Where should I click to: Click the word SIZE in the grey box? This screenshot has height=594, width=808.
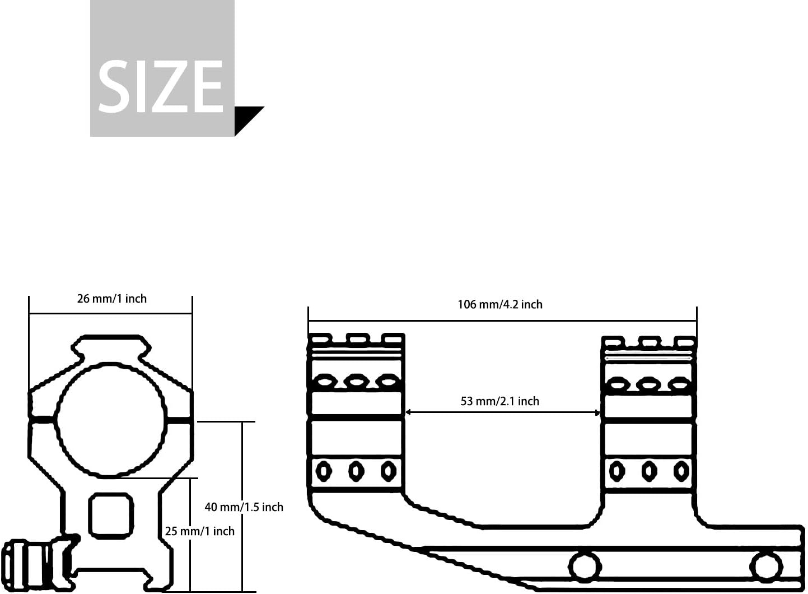coord(161,87)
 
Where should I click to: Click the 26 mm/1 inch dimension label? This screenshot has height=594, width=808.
coord(112,299)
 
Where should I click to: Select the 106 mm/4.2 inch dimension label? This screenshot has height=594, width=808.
coord(500,305)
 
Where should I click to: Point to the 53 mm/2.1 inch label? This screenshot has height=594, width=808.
coord(500,401)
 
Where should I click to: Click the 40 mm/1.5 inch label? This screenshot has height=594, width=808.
coord(244,507)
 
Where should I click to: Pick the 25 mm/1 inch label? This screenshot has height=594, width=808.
coord(200,532)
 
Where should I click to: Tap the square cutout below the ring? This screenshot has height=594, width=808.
coord(111,515)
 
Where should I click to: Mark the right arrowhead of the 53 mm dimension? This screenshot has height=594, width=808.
coord(597,412)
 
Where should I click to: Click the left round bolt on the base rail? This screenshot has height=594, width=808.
coord(585,566)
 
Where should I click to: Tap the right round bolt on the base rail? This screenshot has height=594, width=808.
coord(766,566)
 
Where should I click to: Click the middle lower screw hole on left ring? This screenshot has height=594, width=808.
coord(356,471)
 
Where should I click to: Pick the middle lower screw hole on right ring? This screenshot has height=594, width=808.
coord(649,471)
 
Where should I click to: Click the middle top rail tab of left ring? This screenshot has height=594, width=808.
coord(357,338)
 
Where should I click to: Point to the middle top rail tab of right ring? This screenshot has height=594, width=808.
coord(650,341)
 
